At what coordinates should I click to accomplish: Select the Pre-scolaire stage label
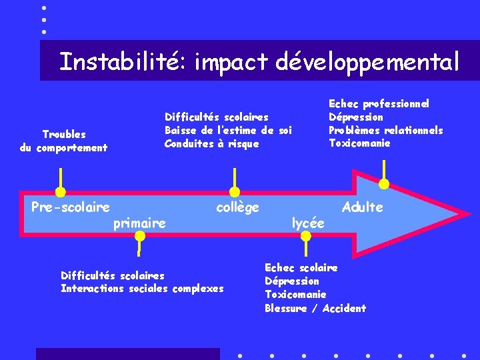tap(71, 207)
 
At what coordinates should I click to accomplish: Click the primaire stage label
tap(139, 223)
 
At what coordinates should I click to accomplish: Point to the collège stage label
tap(237, 207)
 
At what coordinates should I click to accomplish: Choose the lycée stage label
tap(308, 223)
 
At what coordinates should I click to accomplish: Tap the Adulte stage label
tap(362, 207)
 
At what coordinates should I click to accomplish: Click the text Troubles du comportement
tap(64, 141)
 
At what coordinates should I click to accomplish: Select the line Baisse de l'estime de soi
tap(228, 130)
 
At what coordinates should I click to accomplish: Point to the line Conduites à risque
tap(211, 143)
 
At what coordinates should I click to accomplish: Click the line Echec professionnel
tap(379, 103)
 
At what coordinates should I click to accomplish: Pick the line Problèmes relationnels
tap(385, 130)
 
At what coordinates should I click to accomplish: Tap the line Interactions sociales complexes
tap(142, 288)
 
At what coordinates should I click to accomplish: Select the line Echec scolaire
tap(301, 267)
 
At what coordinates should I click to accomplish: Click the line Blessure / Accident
tap(315, 308)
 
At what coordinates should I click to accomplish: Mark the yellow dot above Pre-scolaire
tap(61, 192)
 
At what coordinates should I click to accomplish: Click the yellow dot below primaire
tap(139, 237)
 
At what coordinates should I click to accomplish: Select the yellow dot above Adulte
tap(384, 184)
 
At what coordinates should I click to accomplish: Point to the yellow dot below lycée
tap(306, 238)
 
